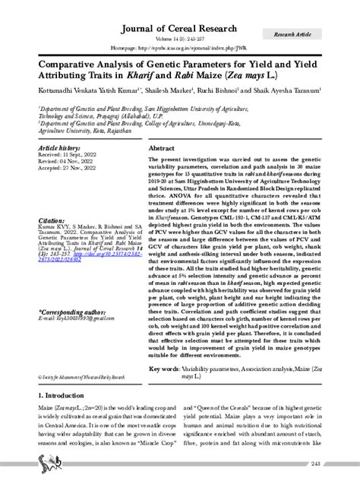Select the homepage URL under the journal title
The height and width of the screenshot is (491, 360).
tap(179, 43)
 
